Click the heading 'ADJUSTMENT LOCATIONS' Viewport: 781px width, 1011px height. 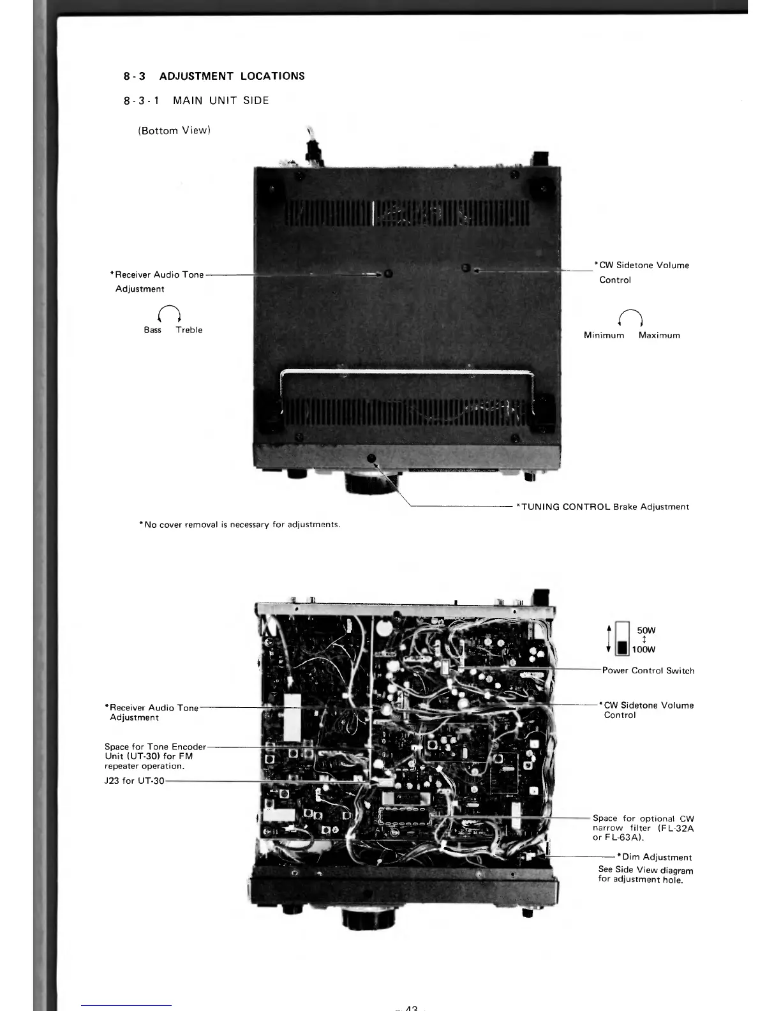[232, 77]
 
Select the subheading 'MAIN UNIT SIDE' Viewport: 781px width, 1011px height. [221, 101]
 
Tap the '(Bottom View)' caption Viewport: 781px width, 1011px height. [174, 131]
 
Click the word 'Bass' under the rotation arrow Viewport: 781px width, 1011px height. [152, 330]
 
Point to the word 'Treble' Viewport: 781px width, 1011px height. [189, 330]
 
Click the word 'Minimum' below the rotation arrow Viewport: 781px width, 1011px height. [604, 336]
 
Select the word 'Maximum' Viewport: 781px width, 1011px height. [659, 336]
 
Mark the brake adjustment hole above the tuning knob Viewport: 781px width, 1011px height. [371, 458]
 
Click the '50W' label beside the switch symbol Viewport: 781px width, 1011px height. [646, 631]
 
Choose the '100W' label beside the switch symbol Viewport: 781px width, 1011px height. [644, 650]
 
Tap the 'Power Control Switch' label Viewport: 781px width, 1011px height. [648, 671]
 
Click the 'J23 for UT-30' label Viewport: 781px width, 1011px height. [134, 781]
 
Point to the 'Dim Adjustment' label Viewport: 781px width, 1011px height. [655, 857]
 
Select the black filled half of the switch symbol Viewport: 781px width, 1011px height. [622, 648]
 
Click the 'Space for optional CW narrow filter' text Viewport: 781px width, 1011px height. [643, 828]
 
